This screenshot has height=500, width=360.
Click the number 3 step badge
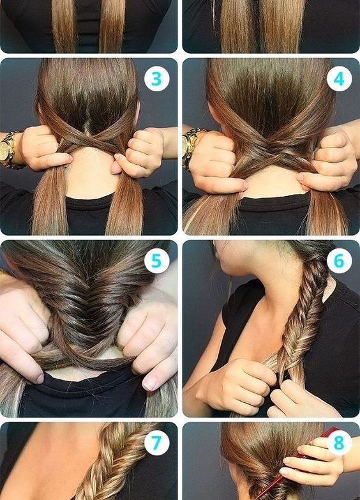pos(156,79)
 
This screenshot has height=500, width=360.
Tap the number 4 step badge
pos(340,79)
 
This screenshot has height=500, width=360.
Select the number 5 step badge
pos(156,261)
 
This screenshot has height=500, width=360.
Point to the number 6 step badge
pos(340,261)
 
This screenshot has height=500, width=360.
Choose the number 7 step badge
pos(156,443)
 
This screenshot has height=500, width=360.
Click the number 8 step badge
pos(340,443)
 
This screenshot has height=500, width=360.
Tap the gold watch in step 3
pos(10,150)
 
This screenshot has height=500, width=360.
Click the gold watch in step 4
pos(192,148)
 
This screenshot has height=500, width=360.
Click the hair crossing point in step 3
pos(93,140)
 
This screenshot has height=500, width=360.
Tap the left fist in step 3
pos(45,148)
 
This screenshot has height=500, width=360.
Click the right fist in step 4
pos(329,160)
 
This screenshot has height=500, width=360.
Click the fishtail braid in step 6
pos(303,319)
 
